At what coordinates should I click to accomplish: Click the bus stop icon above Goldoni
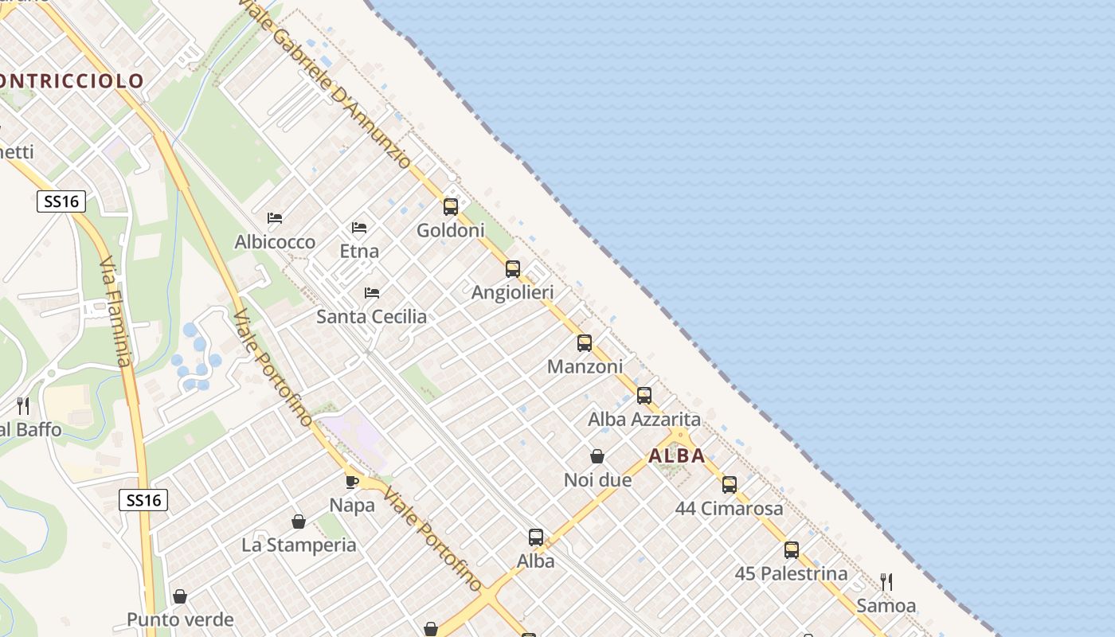[451, 207]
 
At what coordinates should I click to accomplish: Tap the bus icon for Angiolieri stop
[513, 269]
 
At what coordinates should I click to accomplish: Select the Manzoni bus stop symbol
[585, 343]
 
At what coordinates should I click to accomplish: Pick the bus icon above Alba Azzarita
[644, 395]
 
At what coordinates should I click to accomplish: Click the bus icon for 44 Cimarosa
[730, 484]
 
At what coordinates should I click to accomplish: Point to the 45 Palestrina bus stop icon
[791, 549]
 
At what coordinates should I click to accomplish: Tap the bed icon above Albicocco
[275, 218]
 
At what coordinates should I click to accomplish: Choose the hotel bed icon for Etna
[359, 228]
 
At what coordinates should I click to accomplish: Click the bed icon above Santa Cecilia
[372, 293]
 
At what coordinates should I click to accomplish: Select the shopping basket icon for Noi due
[597, 456]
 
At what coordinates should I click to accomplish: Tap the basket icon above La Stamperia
[299, 522]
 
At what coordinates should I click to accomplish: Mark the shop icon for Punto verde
[180, 596]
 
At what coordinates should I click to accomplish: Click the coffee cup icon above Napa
[352, 482]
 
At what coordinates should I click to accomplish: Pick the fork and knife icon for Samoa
[886, 582]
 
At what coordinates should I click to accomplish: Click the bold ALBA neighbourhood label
[677, 456]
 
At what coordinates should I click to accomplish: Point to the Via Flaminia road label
[114, 311]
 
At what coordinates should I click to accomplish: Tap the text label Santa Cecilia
[372, 317]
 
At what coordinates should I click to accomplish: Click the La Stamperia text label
[299, 545]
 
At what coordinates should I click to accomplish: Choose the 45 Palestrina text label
[791, 573]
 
